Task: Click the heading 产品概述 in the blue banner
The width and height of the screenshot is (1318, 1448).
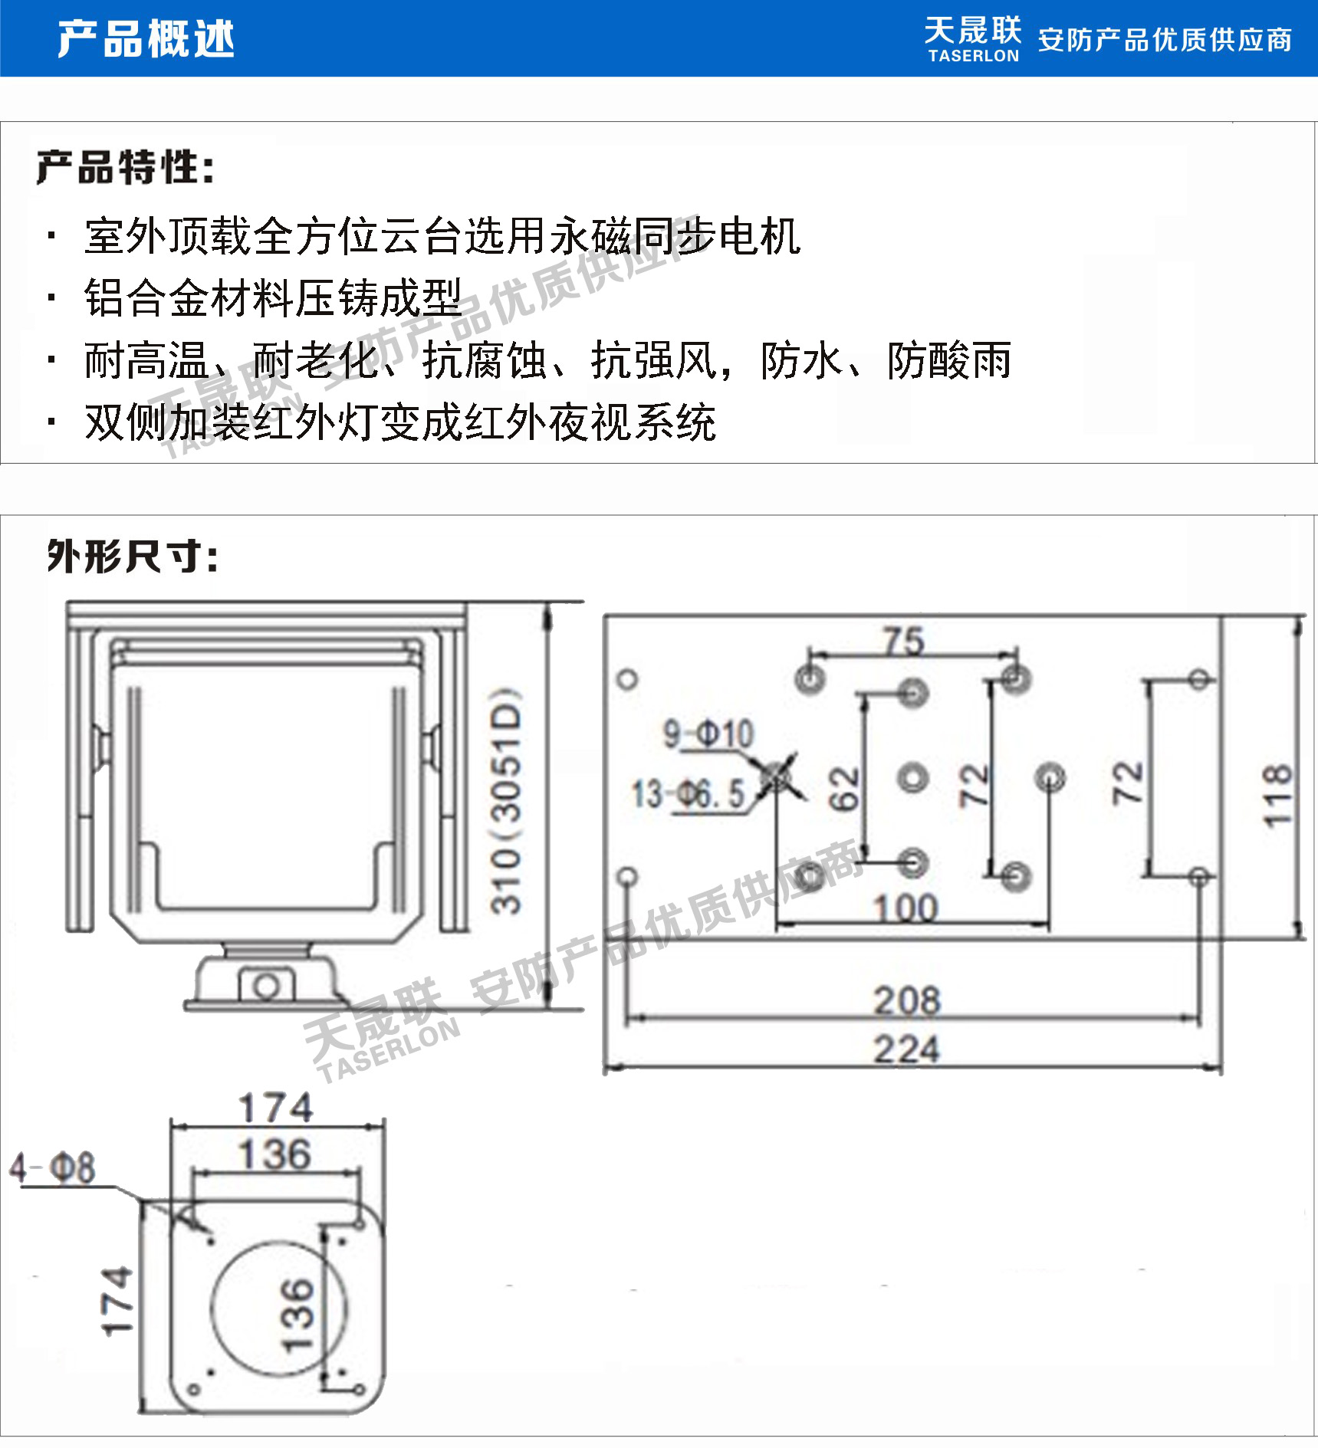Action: (x=146, y=39)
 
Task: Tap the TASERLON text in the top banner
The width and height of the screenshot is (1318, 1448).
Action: (x=973, y=56)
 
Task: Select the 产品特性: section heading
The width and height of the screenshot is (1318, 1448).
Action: (x=125, y=167)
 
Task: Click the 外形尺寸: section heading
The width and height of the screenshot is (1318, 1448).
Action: (x=133, y=557)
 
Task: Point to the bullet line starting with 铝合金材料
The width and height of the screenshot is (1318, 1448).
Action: (x=273, y=297)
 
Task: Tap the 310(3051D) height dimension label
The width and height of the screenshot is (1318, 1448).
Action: (x=506, y=801)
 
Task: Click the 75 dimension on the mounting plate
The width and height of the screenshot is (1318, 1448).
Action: (x=903, y=641)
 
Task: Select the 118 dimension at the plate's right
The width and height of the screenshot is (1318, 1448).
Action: (x=1277, y=795)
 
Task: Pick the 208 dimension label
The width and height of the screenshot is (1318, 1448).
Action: (x=907, y=1000)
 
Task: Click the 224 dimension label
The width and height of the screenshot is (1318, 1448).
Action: (x=906, y=1049)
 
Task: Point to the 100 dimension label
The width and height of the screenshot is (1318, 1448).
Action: (x=906, y=908)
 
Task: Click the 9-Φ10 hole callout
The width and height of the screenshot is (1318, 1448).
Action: (x=708, y=734)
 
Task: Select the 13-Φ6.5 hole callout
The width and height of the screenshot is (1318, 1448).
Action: (x=688, y=794)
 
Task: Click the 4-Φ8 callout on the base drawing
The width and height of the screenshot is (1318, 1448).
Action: (x=52, y=1168)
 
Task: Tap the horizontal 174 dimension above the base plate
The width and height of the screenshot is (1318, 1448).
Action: (x=275, y=1108)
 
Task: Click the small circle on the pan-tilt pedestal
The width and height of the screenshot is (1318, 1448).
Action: (x=266, y=987)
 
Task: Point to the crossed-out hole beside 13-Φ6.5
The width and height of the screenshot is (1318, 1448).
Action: (x=778, y=777)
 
